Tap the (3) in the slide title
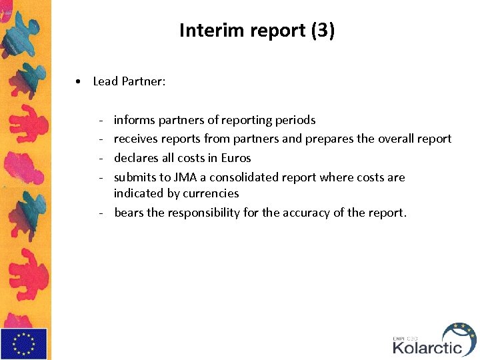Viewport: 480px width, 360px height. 323,31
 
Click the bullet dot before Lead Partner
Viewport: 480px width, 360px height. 79,81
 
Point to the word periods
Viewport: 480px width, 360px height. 295,120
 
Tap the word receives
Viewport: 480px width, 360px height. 135,139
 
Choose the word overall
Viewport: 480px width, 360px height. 397,139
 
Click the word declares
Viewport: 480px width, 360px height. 135,158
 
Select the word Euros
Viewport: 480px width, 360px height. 235,158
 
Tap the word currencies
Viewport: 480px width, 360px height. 211,193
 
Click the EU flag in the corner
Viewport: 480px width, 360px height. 24,343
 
